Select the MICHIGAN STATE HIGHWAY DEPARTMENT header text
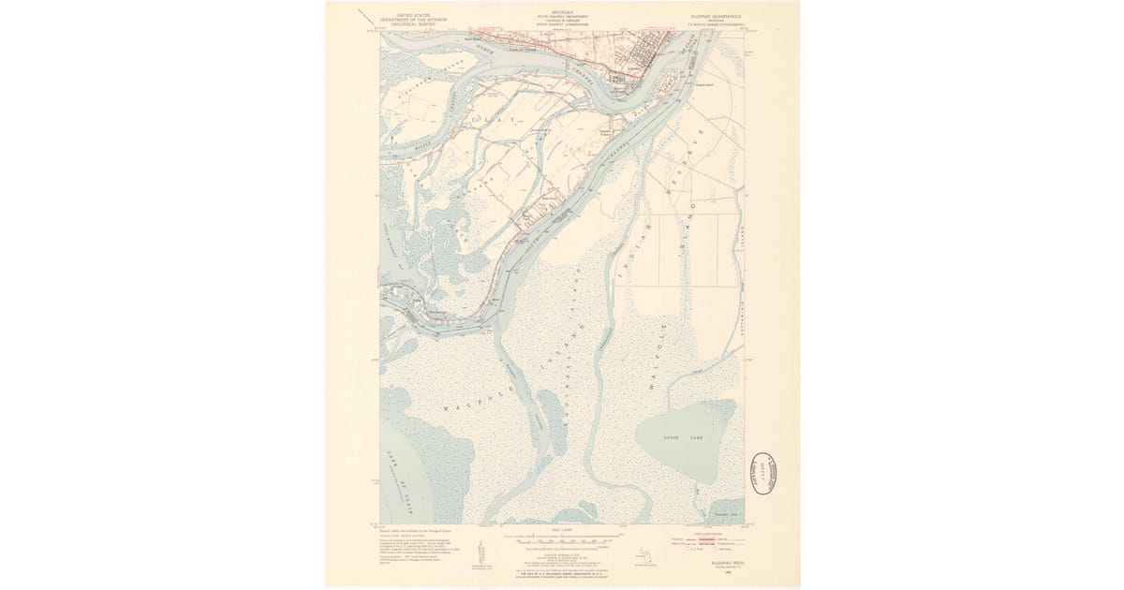click(563, 17)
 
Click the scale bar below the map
click(563, 540)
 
